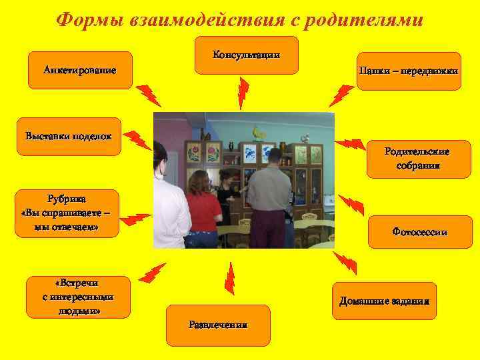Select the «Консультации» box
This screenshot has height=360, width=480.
pyautogui.click(x=246, y=55)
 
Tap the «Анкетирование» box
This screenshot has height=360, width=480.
pyautogui.click(x=80, y=70)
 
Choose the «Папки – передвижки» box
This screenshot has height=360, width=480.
pyautogui.click(x=408, y=71)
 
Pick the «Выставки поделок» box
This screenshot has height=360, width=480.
pyautogui.click(x=69, y=137)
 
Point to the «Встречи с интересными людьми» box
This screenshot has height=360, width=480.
pyautogui.click(x=79, y=297)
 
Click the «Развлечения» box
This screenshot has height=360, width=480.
pyautogui.click(x=218, y=325)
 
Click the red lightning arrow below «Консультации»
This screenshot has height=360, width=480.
pyautogui.click(x=243, y=93)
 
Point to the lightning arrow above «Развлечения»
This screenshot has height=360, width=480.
pyautogui.click(x=229, y=278)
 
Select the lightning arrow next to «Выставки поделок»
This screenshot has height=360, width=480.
pyautogui.click(x=139, y=139)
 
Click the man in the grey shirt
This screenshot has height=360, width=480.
pyautogui.click(x=270, y=193)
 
